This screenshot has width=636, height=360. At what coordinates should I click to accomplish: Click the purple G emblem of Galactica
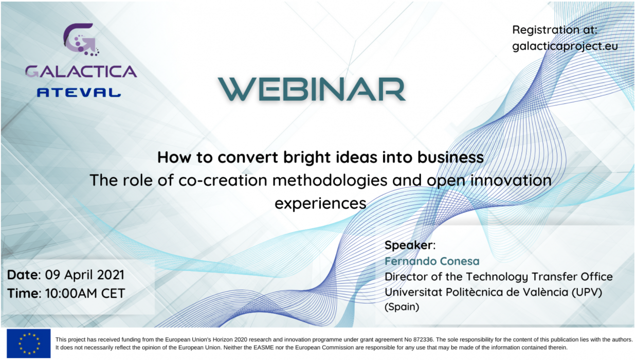[81, 40]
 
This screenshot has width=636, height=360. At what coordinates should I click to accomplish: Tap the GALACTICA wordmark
[81, 71]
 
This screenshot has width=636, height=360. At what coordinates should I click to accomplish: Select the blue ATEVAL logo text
[79, 93]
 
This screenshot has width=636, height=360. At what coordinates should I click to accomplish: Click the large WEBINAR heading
[312, 89]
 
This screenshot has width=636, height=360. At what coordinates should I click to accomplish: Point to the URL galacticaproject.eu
[565, 46]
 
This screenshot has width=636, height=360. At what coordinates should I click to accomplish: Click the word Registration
[546, 30]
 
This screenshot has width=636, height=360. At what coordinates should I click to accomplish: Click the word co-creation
[223, 181]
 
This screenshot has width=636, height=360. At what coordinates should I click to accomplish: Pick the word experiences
[320, 204]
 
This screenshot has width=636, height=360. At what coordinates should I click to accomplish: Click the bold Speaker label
[408, 245]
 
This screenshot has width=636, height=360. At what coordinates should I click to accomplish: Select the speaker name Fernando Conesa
[432, 261]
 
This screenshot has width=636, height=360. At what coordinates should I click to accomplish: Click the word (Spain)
[402, 307]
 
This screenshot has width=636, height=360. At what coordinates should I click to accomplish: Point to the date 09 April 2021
[85, 275]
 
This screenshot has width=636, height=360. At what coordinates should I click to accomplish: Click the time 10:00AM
[71, 293]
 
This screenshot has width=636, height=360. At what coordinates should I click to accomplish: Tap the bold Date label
[24, 275]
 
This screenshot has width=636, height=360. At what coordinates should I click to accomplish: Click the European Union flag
[29, 344]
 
